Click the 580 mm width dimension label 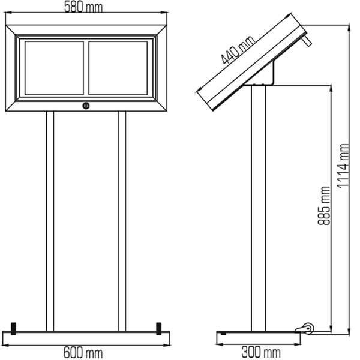click(83, 7)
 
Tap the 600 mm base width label click(83, 352)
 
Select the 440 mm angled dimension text click(238, 50)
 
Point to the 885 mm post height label click(324, 205)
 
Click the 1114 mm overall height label click(343, 166)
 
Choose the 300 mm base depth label click(261, 352)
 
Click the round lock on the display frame click(86, 106)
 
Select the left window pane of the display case click(54, 68)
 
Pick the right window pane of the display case click(118, 68)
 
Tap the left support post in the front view click(50, 221)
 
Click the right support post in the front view click(122, 221)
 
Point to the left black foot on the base click(14, 329)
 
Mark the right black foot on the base click(158, 329)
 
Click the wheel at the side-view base click(308, 328)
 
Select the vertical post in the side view click(259, 208)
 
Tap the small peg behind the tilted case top click(307, 40)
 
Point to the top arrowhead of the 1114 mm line click(349, 27)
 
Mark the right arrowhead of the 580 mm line click(164, 13)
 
